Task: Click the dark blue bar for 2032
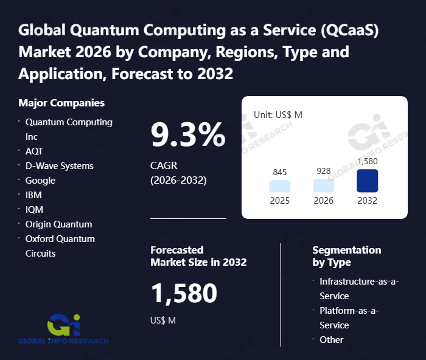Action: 367,181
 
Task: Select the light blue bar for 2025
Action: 279,186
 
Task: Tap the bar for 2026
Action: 323,185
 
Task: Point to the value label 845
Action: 279,171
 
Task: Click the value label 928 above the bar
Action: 323,171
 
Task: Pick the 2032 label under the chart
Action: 367,201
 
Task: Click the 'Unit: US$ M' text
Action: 278,114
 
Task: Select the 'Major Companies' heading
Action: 61,103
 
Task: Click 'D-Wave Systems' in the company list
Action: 60,166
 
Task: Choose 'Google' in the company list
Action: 40,181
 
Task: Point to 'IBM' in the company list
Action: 33,195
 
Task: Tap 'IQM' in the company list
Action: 34,210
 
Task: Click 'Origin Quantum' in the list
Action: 58,224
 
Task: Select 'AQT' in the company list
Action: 34,151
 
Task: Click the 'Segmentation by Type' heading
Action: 346,256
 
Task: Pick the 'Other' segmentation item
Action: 332,340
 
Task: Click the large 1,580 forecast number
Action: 184,294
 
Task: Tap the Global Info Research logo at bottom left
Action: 63,329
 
